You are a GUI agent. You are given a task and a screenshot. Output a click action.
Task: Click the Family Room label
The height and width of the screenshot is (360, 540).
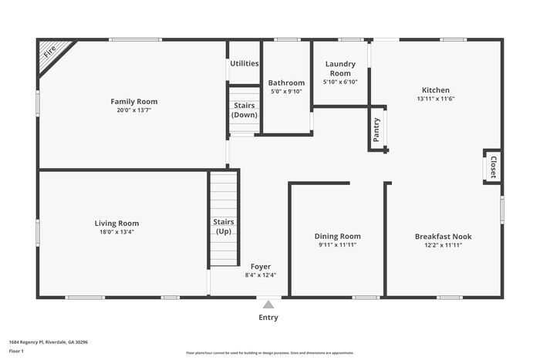[133, 102]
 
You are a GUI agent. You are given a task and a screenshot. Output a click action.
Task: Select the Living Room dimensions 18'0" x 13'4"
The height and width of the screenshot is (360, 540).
[116, 232]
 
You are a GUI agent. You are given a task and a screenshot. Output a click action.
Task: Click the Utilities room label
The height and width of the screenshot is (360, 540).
[244, 63]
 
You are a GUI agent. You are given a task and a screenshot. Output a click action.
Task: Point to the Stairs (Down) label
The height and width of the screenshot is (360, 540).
[244, 110]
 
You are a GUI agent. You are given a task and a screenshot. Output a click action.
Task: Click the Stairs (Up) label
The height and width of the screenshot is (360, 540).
[223, 227]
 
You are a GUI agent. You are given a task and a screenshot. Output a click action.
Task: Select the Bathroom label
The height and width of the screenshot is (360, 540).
[286, 82]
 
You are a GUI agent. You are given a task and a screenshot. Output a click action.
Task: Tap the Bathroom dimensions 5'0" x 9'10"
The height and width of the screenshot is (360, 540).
[286, 92]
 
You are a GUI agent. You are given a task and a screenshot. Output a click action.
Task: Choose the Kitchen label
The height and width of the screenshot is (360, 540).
[435, 90]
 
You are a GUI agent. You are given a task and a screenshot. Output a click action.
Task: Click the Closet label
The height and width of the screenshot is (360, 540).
[493, 167]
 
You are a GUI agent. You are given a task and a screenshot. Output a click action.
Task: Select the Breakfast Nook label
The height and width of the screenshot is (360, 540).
[443, 237]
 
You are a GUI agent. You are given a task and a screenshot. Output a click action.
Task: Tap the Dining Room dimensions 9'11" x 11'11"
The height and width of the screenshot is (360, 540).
[337, 245]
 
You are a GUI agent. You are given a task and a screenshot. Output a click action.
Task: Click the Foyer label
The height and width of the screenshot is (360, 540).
[260, 266]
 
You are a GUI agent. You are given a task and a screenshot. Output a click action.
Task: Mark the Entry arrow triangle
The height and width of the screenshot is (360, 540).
[268, 304]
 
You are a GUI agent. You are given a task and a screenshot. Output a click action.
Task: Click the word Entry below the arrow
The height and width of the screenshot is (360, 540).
[268, 317]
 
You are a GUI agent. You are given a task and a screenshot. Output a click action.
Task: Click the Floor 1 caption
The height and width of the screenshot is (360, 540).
[16, 351]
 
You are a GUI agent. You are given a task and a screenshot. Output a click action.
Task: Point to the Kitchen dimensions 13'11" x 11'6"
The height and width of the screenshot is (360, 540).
[435, 99]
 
